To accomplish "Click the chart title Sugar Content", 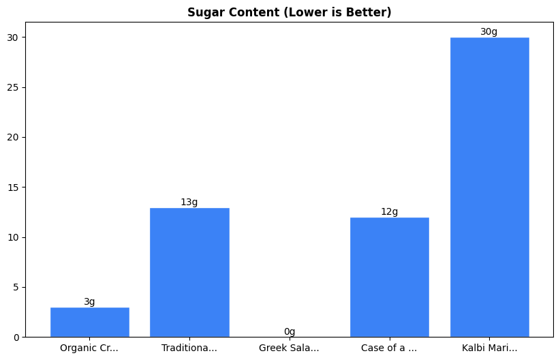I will tap(290, 12).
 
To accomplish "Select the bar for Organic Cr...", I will tap(89, 322).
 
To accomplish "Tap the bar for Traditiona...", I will tap(189, 272).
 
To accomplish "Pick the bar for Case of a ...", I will tap(389, 277).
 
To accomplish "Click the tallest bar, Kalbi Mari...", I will tap(489, 187).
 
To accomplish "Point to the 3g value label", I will tap(89, 301).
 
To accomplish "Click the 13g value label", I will tap(189, 202).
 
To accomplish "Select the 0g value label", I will tap(290, 331).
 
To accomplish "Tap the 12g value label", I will tap(389, 211).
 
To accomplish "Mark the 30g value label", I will tap(489, 31).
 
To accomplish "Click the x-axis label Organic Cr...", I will tap(89, 348).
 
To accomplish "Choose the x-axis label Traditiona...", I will tap(189, 348).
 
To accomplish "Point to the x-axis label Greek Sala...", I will tap(290, 348).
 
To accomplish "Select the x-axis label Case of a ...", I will tap(389, 348).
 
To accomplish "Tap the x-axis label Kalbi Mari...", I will tap(489, 348).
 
